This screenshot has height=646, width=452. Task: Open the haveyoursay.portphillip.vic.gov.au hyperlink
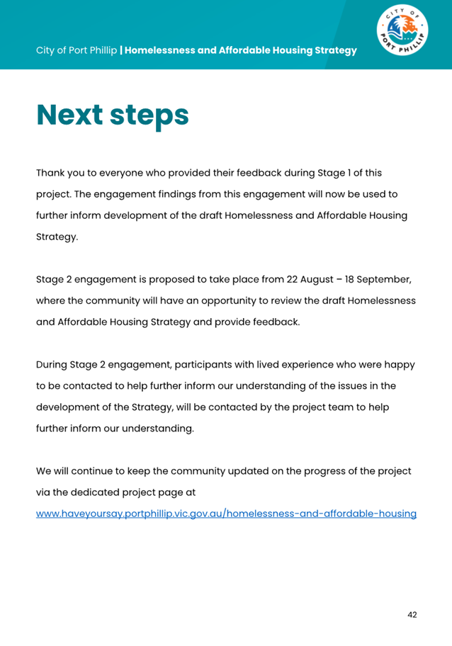pos(226,512)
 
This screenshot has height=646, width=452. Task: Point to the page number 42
pos(412,614)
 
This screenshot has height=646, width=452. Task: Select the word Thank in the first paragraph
pos(51,173)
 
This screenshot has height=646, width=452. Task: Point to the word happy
pos(399,365)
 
